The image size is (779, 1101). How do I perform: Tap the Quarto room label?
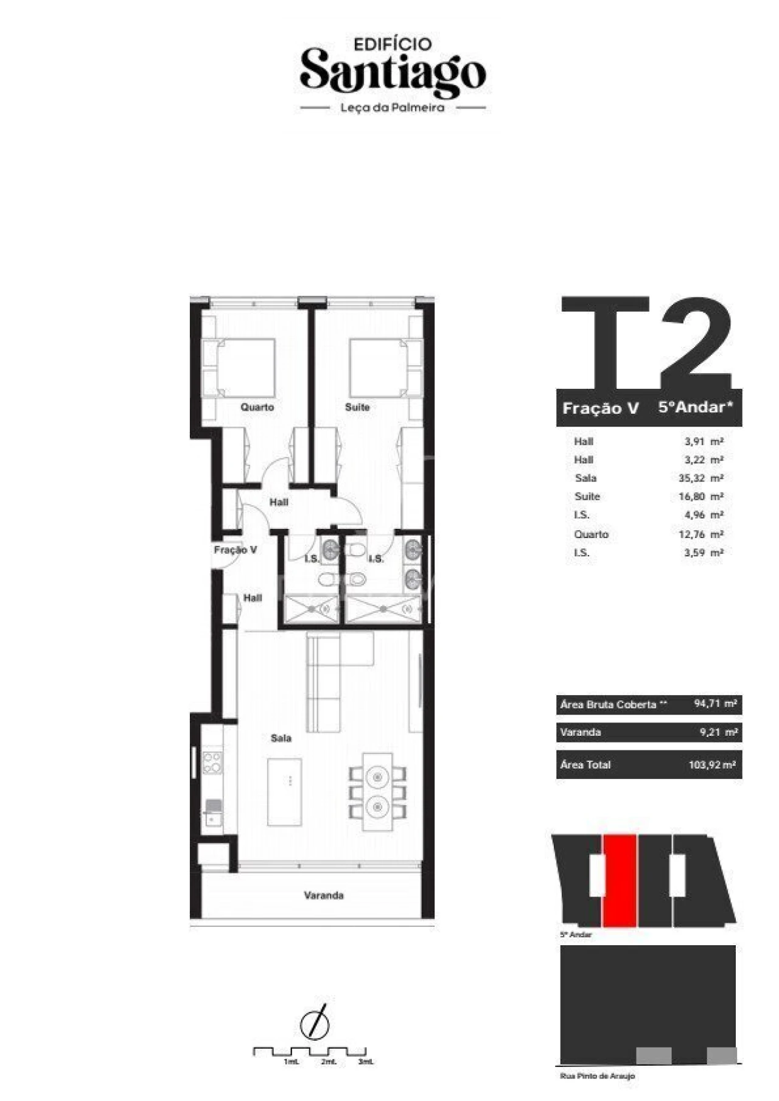[x=257, y=407]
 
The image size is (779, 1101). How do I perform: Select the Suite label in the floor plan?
[x=357, y=407]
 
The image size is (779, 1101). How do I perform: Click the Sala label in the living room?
[x=281, y=738]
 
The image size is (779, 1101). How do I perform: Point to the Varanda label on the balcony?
[x=324, y=895]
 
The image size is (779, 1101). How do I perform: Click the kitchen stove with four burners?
[x=212, y=763]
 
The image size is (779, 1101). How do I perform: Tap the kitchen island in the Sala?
[x=284, y=791]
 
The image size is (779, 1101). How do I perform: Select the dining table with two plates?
[x=378, y=791]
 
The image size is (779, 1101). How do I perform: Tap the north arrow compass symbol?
[x=315, y=1024]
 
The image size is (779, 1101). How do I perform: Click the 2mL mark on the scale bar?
[x=328, y=1062]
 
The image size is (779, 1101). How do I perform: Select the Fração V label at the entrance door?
[x=235, y=550]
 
